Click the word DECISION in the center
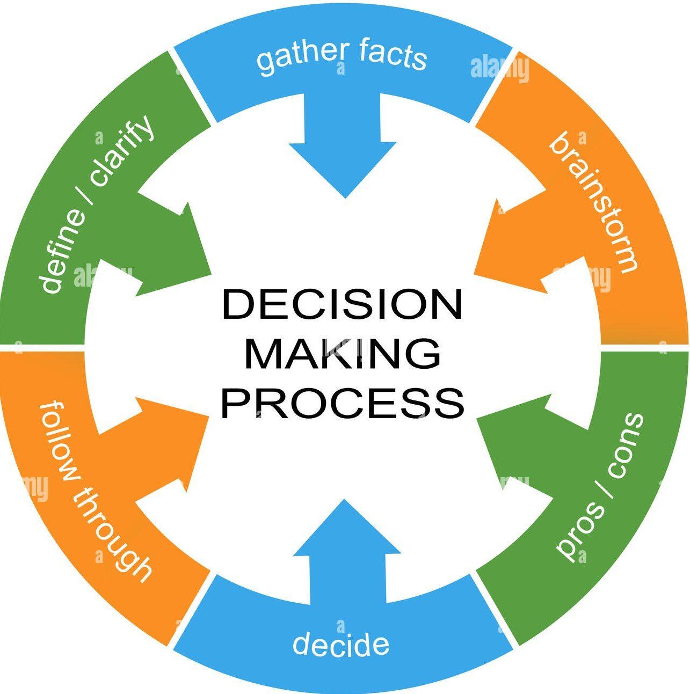coord(342,305)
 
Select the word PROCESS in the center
coord(342,404)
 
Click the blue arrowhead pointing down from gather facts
coord(344,166)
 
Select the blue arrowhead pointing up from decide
coord(346,531)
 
